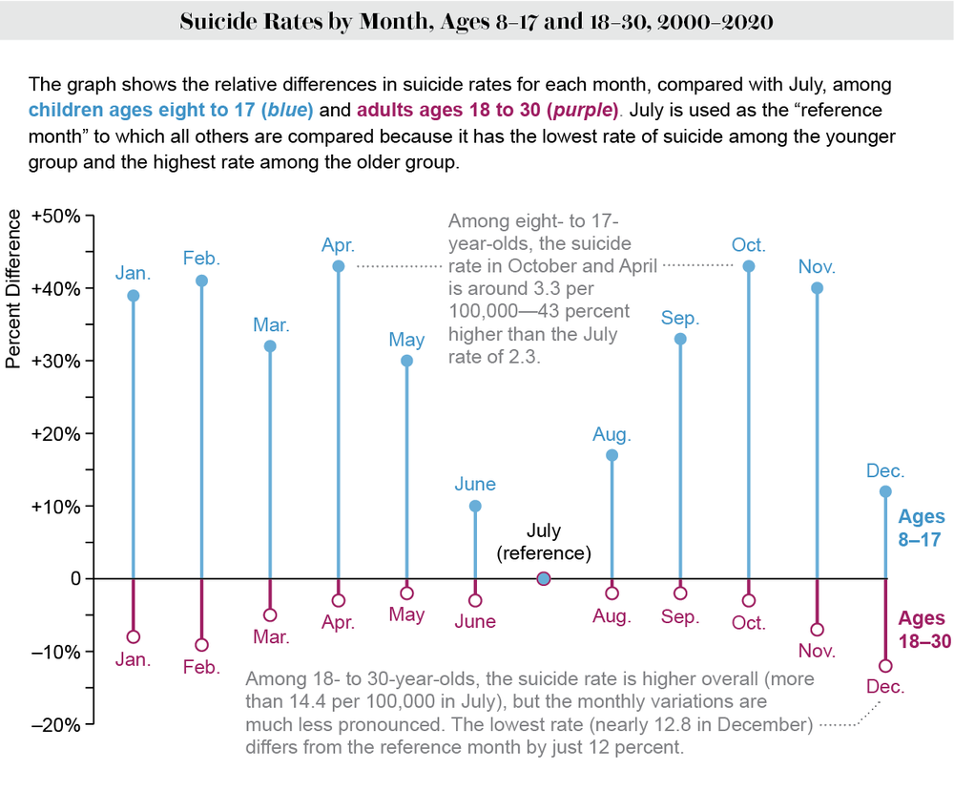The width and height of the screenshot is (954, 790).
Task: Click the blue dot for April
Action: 338,266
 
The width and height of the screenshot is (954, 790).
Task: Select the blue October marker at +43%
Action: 749,266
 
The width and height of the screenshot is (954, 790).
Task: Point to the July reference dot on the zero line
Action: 544,578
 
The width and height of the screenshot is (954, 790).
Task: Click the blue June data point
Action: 475,506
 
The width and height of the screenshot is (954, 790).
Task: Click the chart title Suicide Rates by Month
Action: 476,21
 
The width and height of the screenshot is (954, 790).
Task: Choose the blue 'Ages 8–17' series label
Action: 921,529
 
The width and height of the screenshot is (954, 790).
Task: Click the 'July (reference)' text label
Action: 544,541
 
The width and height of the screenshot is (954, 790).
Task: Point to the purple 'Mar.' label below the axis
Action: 270,637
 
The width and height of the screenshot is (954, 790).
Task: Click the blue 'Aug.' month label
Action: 612,434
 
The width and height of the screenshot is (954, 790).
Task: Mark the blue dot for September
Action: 680,339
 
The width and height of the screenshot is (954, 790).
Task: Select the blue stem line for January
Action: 133,439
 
